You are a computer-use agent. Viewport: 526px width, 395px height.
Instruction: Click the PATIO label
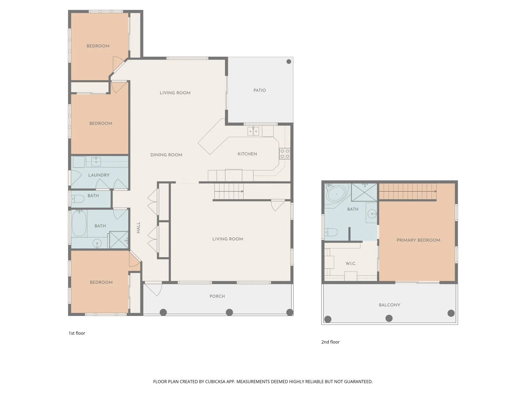pyautogui.click(x=259, y=90)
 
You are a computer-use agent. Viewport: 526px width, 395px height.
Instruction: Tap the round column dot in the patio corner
pyautogui.click(x=289, y=62)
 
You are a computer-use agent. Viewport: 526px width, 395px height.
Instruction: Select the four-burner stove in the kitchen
pyautogui.click(x=285, y=154)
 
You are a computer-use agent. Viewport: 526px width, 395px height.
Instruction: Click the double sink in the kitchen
pyautogui.click(x=253, y=131)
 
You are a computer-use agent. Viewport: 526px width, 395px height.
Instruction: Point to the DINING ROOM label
pyautogui.click(x=166, y=155)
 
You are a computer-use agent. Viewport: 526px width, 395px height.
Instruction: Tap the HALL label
pyautogui.click(x=138, y=227)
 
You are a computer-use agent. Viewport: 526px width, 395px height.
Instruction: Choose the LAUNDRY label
pyautogui.click(x=99, y=175)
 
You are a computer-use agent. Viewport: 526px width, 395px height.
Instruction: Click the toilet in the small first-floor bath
pyautogui.click(x=78, y=199)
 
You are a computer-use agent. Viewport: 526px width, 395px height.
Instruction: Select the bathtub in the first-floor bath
pyautogui.click(x=79, y=223)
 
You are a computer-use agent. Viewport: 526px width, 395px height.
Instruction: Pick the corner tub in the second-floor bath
pyautogui.click(x=337, y=194)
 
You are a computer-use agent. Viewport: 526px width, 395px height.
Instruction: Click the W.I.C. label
pyautogui.click(x=351, y=264)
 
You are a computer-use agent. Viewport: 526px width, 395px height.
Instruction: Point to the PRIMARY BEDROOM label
pyautogui.click(x=418, y=240)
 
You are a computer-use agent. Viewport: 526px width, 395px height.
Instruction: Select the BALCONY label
pyautogui.click(x=389, y=305)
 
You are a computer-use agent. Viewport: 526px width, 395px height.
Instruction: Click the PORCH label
pyautogui.click(x=217, y=296)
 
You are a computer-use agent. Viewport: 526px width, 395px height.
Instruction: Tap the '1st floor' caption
pyautogui.click(x=77, y=333)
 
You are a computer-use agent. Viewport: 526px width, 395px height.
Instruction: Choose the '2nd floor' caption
pyautogui.click(x=331, y=342)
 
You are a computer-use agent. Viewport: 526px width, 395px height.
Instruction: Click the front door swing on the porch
pyautogui.click(x=153, y=290)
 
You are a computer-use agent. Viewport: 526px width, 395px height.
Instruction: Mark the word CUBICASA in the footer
pyautogui.click(x=215, y=381)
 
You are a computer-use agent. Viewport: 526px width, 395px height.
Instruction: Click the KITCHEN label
pyautogui.click(x=247, y=154)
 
